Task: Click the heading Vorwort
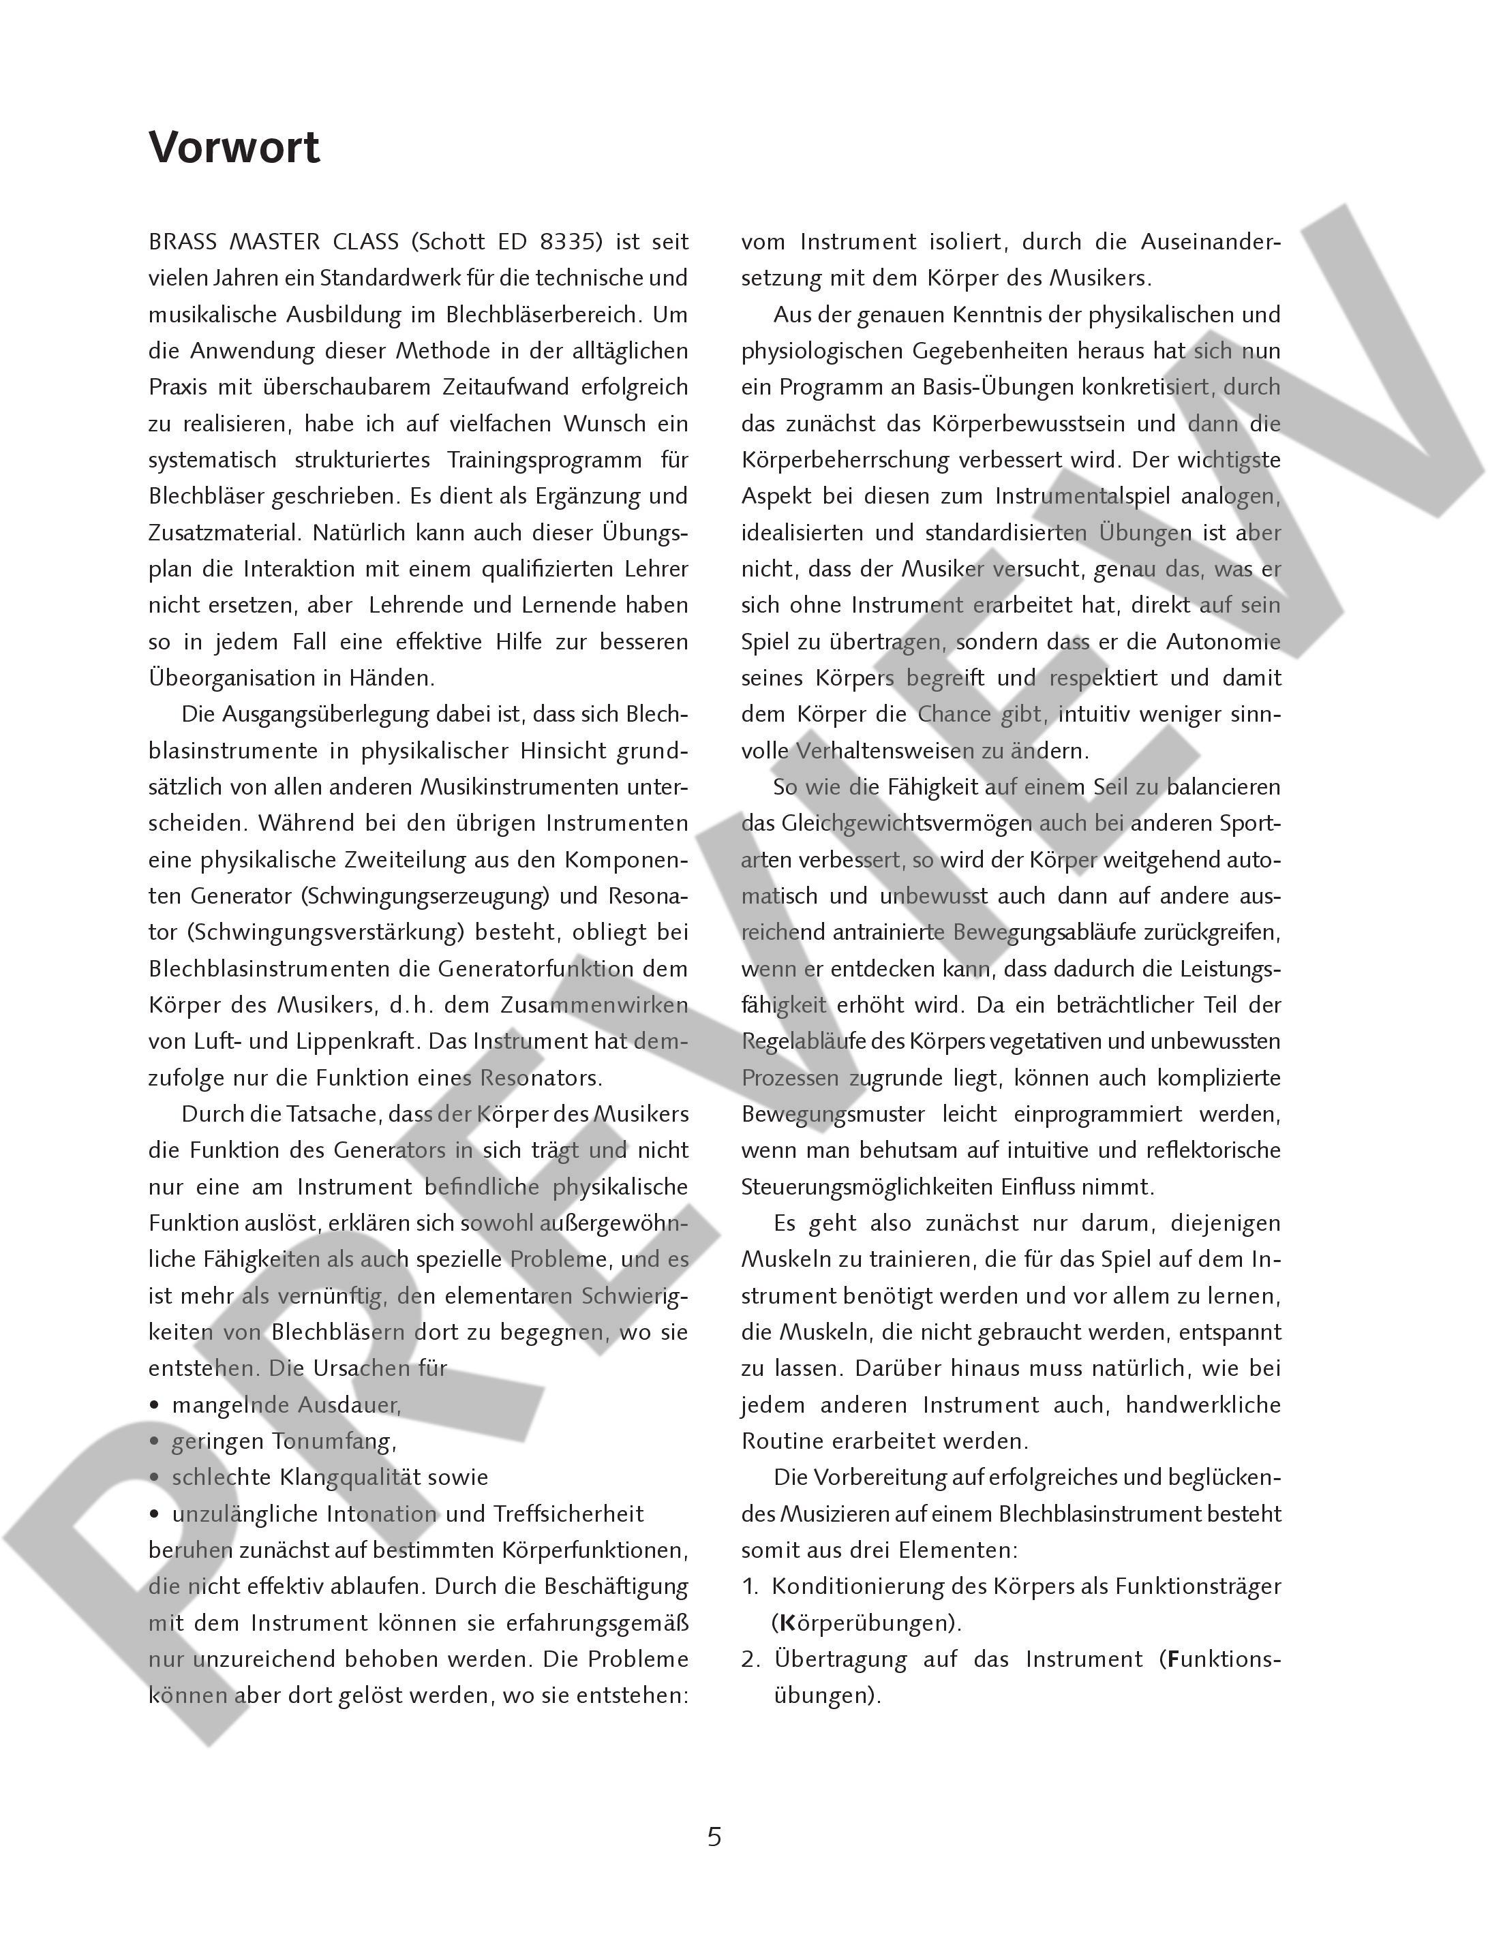(x=234, y=147)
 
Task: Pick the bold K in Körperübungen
(x=786, y=1623)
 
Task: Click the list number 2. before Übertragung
(x=751, y=1659)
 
